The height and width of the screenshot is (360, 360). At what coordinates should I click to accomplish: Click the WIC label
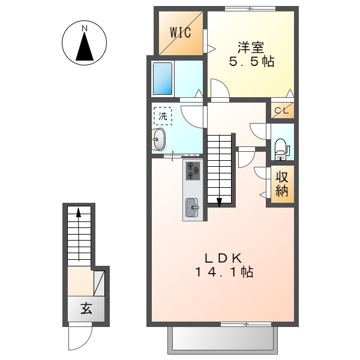coord(180,32)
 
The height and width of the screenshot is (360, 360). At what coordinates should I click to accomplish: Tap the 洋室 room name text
coord(251,47)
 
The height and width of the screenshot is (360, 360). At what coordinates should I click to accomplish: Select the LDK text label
coord(223,259)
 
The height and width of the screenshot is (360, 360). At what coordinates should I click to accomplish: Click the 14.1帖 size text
coord(224,272)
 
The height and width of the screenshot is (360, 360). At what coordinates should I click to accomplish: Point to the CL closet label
coord(281,111)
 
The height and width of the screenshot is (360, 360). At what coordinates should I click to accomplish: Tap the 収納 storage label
coord(282,184)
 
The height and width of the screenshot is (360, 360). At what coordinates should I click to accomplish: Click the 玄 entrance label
coord(86,308)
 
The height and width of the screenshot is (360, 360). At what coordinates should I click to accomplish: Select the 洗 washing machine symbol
coord(163,116)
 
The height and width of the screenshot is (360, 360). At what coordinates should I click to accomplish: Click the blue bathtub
coord(163,79)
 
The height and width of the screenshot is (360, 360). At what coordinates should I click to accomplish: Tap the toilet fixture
coord(283,149)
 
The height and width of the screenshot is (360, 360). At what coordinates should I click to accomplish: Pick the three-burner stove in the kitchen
coord(193,170)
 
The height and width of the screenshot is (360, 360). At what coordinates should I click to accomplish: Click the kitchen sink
coord(192,208)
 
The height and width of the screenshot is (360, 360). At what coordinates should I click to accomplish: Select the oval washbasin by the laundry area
coord(159,139)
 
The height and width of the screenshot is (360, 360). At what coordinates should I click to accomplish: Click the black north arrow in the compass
coord(85,46)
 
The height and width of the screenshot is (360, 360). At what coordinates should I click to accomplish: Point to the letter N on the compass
coord(85,28)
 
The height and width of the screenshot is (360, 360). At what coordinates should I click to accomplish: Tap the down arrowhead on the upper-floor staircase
coord(219,203)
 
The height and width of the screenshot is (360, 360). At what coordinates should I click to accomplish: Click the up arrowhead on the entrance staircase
coord(79,212)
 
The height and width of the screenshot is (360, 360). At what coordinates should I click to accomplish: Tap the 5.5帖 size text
coord(252,62)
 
